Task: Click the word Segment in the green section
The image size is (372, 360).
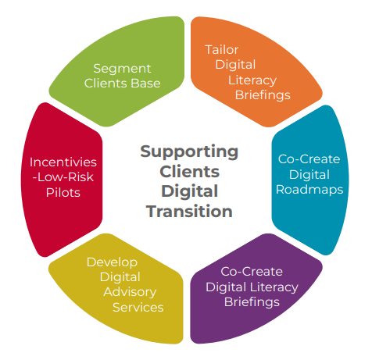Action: coord(122,70)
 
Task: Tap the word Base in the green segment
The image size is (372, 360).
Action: coord(145,84)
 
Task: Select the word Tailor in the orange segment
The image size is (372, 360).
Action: coord(222,50)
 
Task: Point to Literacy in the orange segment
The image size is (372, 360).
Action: coord(252,80)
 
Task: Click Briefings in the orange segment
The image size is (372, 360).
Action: coord(263,95)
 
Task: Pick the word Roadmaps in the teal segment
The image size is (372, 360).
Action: coord(309,190)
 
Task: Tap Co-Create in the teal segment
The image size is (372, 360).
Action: coord(309,159)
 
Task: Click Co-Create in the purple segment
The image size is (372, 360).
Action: coord(252,272)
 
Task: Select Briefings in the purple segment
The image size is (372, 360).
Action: coord(252,302)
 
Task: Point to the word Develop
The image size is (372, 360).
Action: coord(112,262)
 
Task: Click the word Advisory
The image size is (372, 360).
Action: coord(130,292)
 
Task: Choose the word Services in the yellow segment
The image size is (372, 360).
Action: coord(138,308)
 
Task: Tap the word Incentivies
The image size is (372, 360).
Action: coord(63,162)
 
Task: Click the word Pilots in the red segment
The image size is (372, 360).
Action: coord(63,193)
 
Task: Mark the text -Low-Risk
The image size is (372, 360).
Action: coord(63,177)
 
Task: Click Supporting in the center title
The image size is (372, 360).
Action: coord(189,152)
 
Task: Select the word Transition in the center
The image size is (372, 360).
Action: coord(189,211)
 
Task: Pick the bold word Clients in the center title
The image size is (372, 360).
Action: coord(189,172)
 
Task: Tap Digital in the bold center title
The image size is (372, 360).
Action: coord(189,191)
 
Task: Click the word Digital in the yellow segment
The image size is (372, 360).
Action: coord(120,277)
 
